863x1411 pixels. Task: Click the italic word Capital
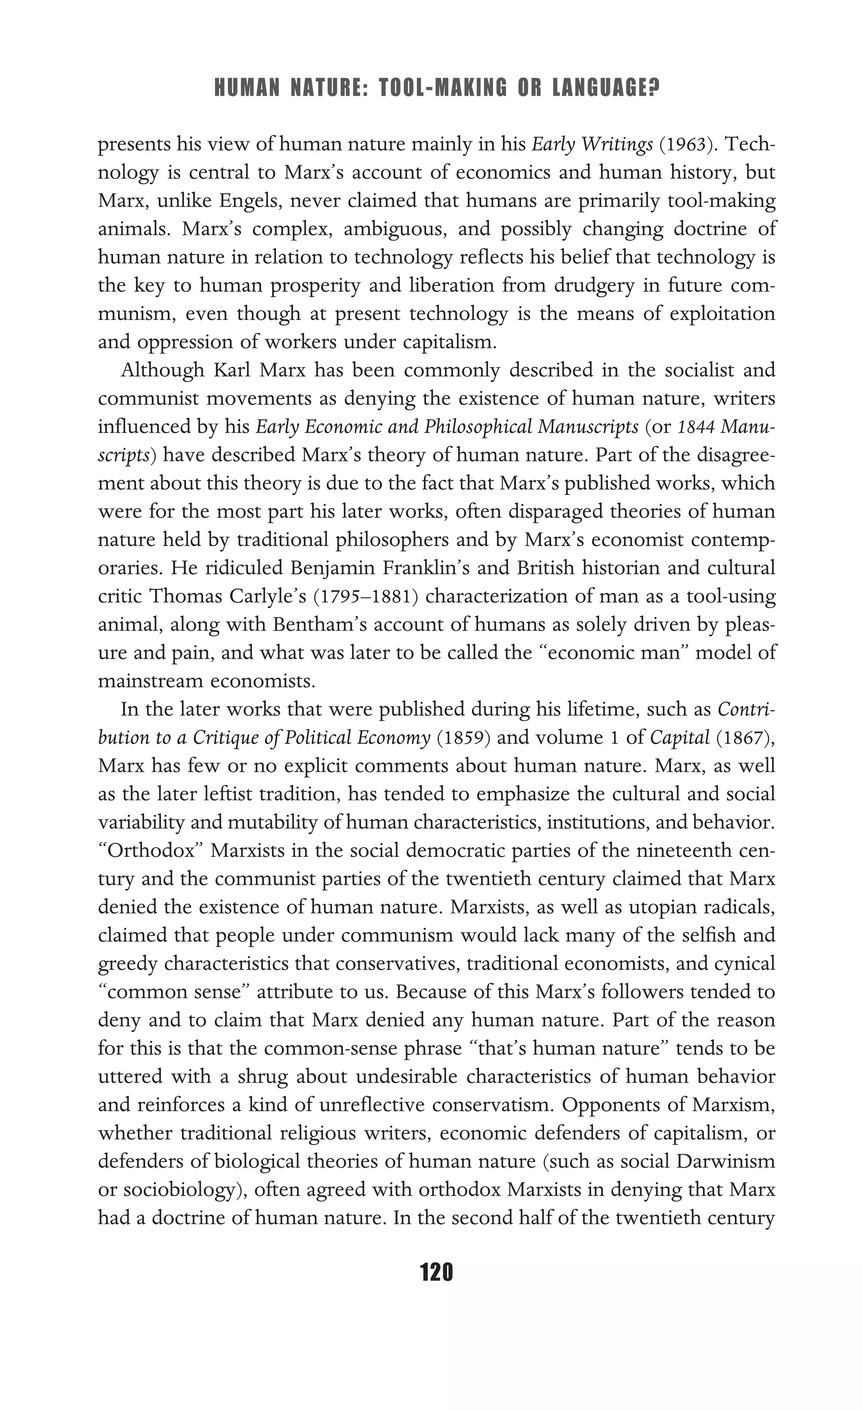click(x=679, y=737)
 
